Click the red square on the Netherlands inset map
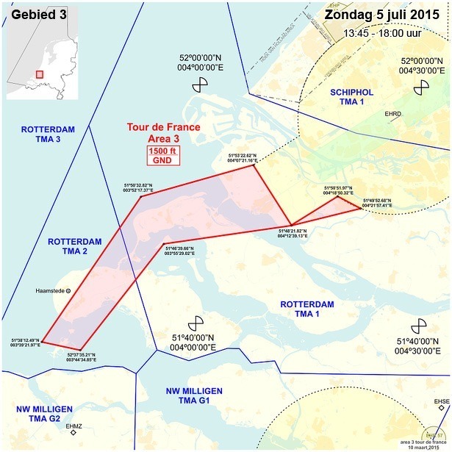click(x=39, y=73)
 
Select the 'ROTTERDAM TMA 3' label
click(x=46, y=134)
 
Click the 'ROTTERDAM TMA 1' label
click(x=307, y=309)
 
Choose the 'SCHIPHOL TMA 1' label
click(x=351, y=97)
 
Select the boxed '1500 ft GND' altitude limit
click(x=162, y=155)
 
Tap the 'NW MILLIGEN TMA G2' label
click(x=44, y=413)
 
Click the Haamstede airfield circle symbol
click(x=69, y=291)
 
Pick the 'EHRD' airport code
click(x=393, y=114)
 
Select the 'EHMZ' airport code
click(x=74, y=426)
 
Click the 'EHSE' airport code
click(x=441, y=401)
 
